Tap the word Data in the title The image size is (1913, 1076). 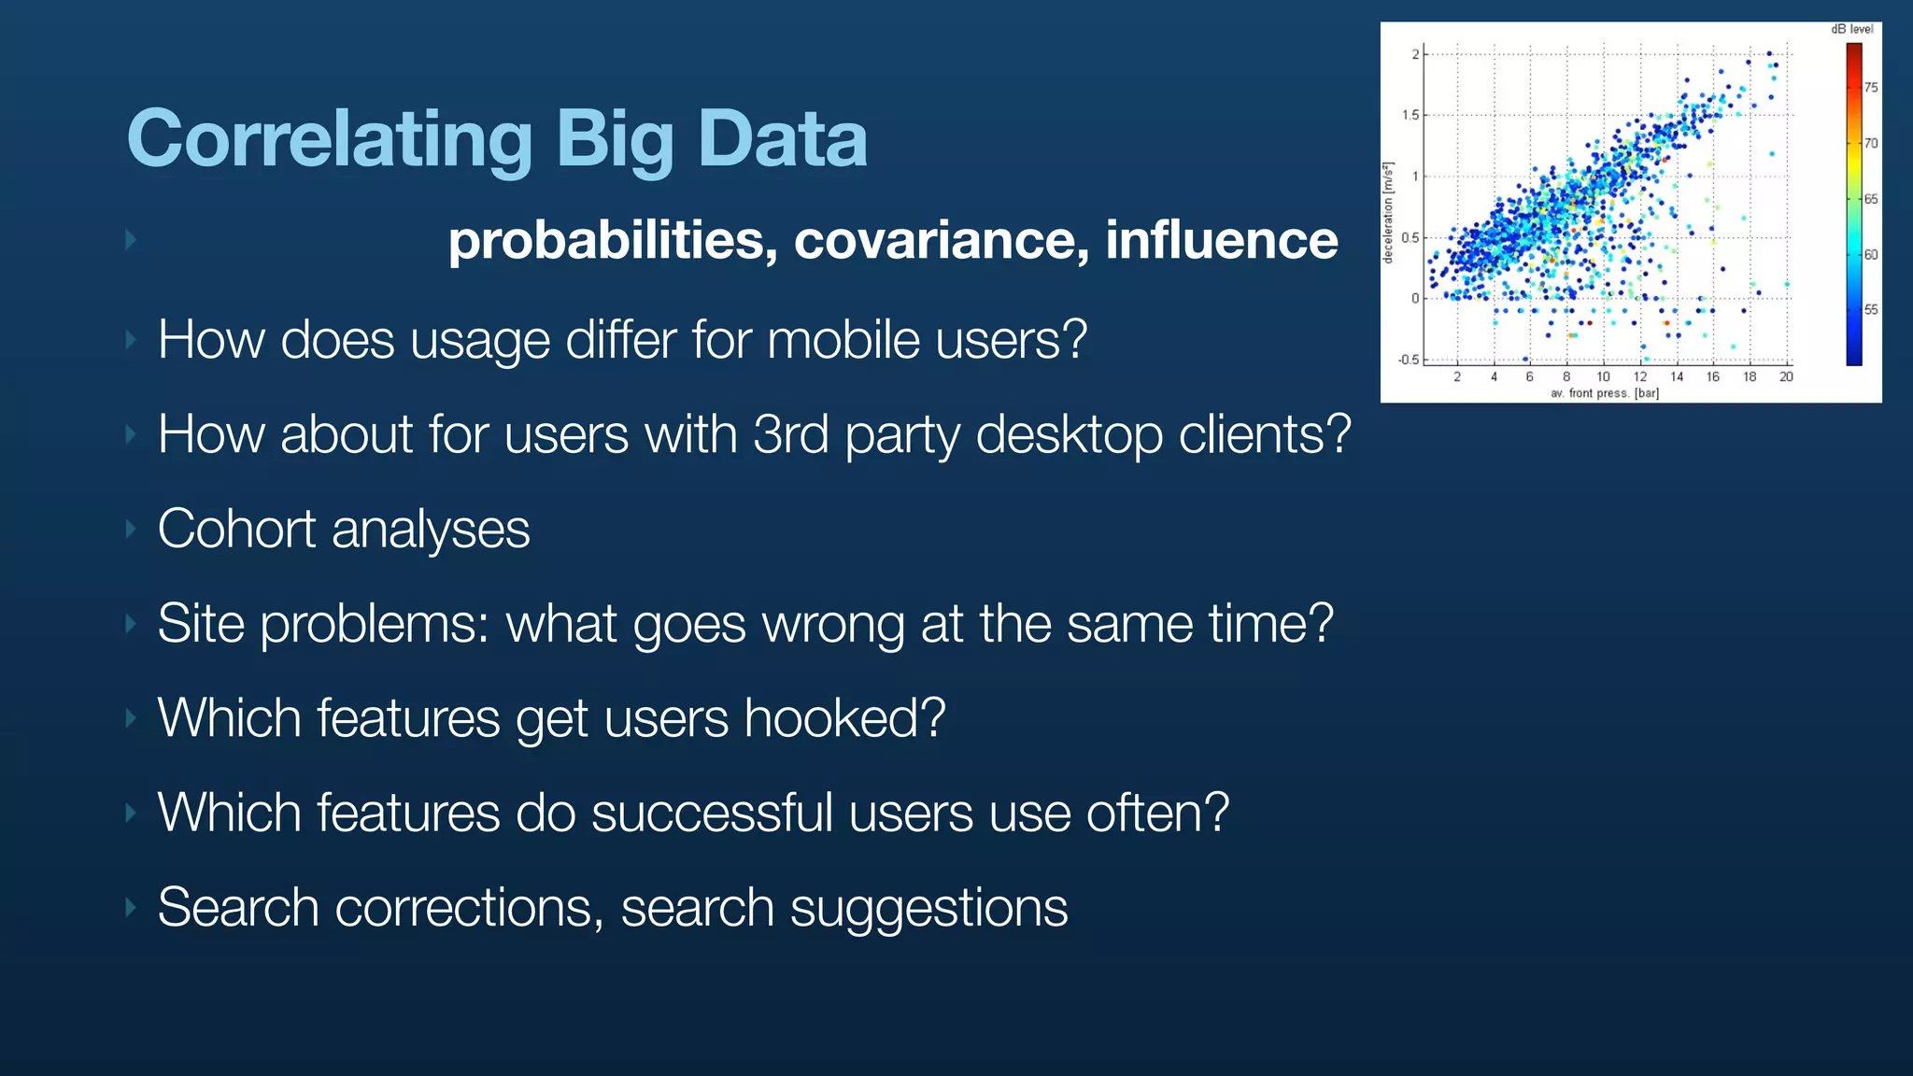pyautogui.click(x=782, y=139)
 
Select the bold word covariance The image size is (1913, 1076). pyautogui.click(x=942, y=240)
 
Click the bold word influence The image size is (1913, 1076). pyautogui.click(x=1221, y=240)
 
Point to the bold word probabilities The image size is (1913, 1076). pyautogui.click(x=613, y=240)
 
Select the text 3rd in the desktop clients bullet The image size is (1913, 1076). pyautogui.click(x=790, y=433)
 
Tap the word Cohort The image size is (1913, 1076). pyautogui.click(x=236, y=529)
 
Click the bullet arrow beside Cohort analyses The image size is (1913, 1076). pyautogui.click(x=132, y=530)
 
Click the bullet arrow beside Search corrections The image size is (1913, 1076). pyautogui.click(x=132, y=908)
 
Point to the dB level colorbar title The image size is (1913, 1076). pyautogui.click(x=1851, y=29)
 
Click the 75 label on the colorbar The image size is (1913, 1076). pyautogui.click(x=1871, y=88)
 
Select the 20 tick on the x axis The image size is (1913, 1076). pyautogui.click(x=1786, y=377)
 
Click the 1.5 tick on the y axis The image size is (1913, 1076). pyautogui.click(x=1410, y=115)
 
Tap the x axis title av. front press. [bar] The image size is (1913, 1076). pyautogui.click(x=1604, y=393)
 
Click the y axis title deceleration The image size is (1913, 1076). pyautogui.click(x=1389, y=213)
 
